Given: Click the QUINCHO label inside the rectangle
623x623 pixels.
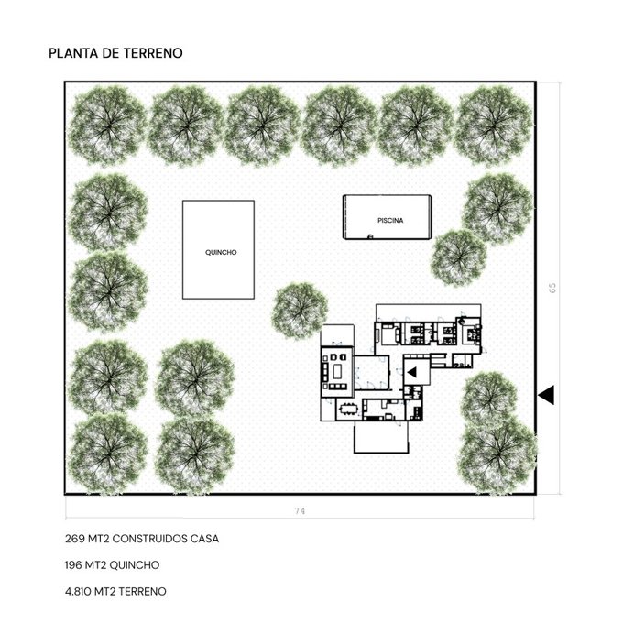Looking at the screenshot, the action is coord(221,252).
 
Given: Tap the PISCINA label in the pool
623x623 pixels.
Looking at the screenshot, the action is coord(390,220).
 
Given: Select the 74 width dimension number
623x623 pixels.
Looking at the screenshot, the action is coord(300,511).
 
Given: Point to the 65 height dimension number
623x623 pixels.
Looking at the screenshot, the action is coord(552,288).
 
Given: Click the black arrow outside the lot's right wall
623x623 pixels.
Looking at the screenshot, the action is coord(546,395).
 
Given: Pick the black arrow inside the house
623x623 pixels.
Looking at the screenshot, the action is coord(411,372).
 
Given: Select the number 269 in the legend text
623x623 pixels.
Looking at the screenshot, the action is coord(75,539).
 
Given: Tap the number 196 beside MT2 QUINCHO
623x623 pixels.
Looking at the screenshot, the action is coord(74,565).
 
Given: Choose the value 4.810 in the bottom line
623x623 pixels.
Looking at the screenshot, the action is coord(78,591).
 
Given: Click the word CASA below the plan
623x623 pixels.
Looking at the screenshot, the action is coord(204,539).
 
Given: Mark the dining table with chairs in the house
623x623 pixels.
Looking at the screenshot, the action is coord(349,409).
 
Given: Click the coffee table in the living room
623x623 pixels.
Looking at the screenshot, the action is coord(337,372).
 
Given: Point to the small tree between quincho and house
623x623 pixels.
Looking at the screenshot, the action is coord(300,311).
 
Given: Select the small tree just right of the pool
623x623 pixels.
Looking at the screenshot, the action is coord(458,257).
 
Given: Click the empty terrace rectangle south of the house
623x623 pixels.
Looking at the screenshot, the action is coord(381,437).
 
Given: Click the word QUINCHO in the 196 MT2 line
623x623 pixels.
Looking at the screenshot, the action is coord(135,565).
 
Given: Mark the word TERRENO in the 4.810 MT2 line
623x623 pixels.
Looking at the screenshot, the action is coord(142,591).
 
